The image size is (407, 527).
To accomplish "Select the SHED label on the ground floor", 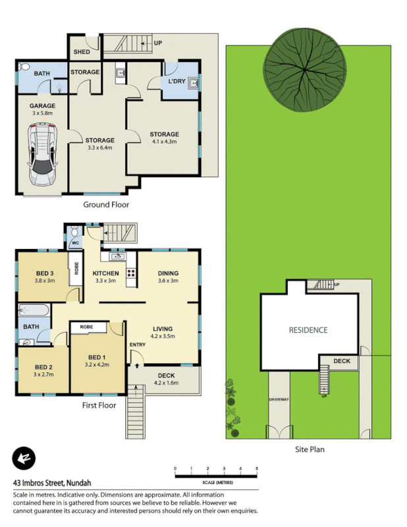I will coord(82,51).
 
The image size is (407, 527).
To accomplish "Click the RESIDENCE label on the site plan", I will coord(308,330).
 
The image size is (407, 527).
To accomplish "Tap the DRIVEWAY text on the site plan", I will coord(279,400).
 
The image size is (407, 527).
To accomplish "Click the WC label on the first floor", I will coord(75,242).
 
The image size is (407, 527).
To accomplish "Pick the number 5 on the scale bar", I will coord(257,468).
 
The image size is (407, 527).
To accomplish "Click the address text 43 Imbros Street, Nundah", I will coord(57,482).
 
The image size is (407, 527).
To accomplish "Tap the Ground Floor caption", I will coord(106,205).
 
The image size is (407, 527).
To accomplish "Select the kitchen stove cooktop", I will coord(130,272).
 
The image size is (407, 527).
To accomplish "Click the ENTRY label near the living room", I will coord(138,345).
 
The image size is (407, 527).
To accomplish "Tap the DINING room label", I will coord(169,273).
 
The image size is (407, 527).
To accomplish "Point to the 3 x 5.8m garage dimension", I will coord(42,113).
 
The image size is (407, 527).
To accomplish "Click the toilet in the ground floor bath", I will coord(24,67).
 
